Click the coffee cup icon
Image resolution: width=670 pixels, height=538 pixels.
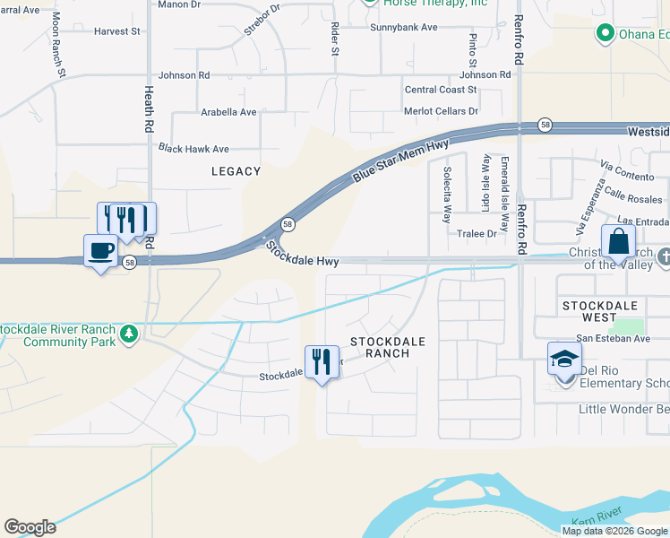point(101,250)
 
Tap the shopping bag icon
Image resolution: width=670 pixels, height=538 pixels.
point(619,240)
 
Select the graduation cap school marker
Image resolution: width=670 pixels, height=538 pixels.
point(564,360)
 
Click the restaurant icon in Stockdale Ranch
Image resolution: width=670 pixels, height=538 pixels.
point(322,362)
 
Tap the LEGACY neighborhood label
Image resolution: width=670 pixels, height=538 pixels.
point(236,171)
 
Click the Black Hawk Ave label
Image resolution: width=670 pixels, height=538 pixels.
point(193,149)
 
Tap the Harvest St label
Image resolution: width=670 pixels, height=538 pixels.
point(117,31)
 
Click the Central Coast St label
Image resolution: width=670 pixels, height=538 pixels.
point(441,90)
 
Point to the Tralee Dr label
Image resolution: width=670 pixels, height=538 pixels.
point(477,233)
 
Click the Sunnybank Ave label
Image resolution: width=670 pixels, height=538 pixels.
point(404,27)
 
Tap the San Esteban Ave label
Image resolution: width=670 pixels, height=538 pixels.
point(613,338)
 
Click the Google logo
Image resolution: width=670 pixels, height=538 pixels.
point(30,527)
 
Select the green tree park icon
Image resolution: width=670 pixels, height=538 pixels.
point(130,334)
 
